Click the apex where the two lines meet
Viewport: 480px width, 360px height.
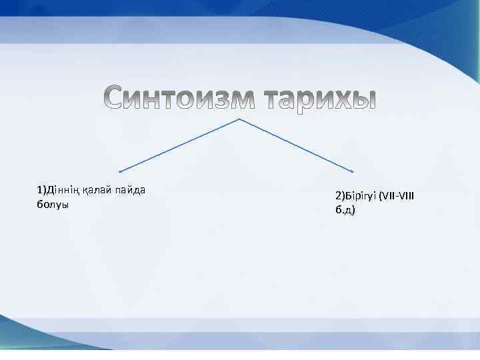click(239, 119)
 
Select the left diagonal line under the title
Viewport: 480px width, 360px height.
click(180, 145)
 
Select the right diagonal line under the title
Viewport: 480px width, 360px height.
click(297, 145)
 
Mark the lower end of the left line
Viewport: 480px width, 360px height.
click(121, 171)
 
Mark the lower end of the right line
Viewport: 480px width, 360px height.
click(353, 171)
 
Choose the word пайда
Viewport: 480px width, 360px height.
click(131, 191)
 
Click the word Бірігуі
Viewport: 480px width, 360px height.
click(361, 197)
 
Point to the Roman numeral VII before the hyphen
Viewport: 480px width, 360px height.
click(389, 197)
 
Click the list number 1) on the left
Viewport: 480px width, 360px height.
click(41, 191)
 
